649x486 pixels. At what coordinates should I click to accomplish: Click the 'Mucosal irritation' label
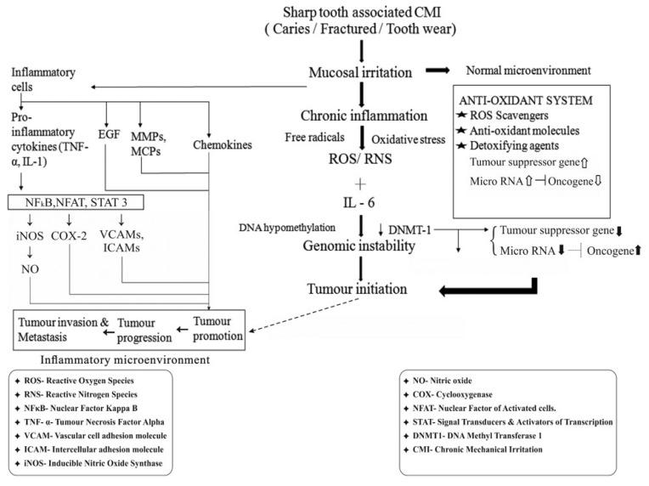(363, 74)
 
